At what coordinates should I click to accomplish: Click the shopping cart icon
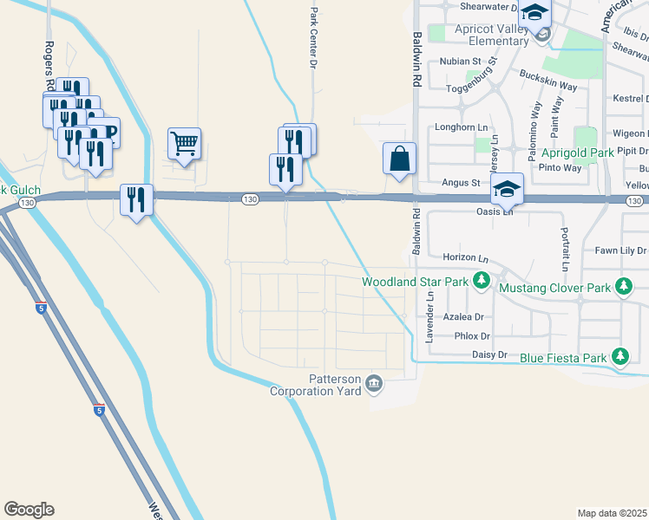click(x=185, y=143)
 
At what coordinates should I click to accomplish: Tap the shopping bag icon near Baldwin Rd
click(x=399, y=159)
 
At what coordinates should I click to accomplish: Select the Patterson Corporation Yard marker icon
click(x=374, y=383)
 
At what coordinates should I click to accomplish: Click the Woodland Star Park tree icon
click(x=481, y=281)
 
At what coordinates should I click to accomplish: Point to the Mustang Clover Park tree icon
click(x=623, y=286)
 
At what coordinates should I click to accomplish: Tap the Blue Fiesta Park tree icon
click(x=619, y=356)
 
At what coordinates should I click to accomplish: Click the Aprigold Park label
click(x=578, y=153)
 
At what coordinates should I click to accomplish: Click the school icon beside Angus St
click(x=507, y=188)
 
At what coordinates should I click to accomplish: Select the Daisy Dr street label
click(x=489, y=354)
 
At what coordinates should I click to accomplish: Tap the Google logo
click(x=29, y=510)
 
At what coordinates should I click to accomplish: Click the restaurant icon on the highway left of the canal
click(x=136, y=200)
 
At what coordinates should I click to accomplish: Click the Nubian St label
click(x=460, y=62)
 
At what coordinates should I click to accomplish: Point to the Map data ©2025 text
click(x=612, y=513)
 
